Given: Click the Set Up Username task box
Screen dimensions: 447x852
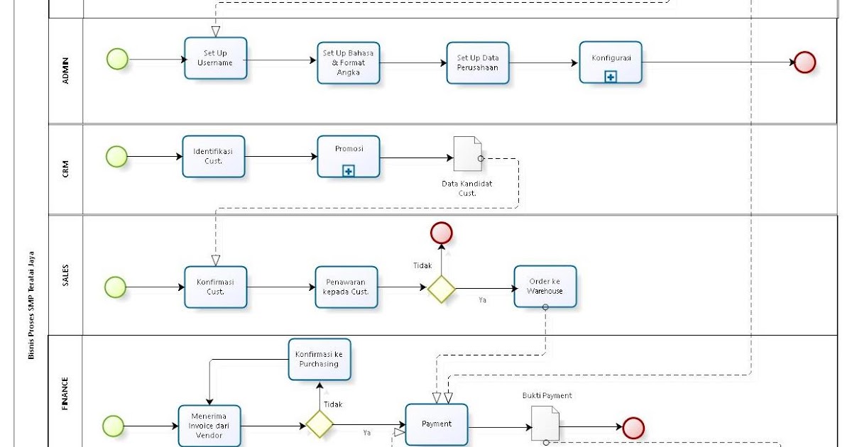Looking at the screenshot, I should coord(215,58).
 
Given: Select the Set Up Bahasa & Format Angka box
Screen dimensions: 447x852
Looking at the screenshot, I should coord(348,62).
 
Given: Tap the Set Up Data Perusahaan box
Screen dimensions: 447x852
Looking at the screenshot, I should coord(478,63).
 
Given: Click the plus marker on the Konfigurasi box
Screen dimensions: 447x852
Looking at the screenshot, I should coord(611,77).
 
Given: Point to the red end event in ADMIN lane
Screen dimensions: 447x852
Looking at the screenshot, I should coord(804,62).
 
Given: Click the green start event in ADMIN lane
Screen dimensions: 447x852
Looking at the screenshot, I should coord(117,59).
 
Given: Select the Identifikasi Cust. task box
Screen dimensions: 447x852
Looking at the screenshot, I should coord(213,156).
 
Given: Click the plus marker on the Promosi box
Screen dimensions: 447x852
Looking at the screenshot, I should coord(348,171).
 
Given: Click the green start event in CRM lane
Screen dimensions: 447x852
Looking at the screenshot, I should coord(116,156).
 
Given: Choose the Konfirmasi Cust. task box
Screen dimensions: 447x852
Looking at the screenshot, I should coord(216,287).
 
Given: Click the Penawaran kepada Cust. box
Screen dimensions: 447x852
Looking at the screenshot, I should coord(346,287).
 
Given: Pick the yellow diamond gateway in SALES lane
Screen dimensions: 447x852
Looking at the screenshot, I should coord(441,289).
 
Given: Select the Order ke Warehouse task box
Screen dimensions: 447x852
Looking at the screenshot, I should coord(545,286).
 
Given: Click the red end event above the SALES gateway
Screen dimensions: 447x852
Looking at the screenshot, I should coord(441,232).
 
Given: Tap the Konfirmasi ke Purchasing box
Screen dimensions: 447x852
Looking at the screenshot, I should coord(319,359).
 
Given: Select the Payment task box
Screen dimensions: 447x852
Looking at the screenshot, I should coord(436,424).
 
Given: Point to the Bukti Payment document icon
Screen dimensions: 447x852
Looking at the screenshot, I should coord(545,424).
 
